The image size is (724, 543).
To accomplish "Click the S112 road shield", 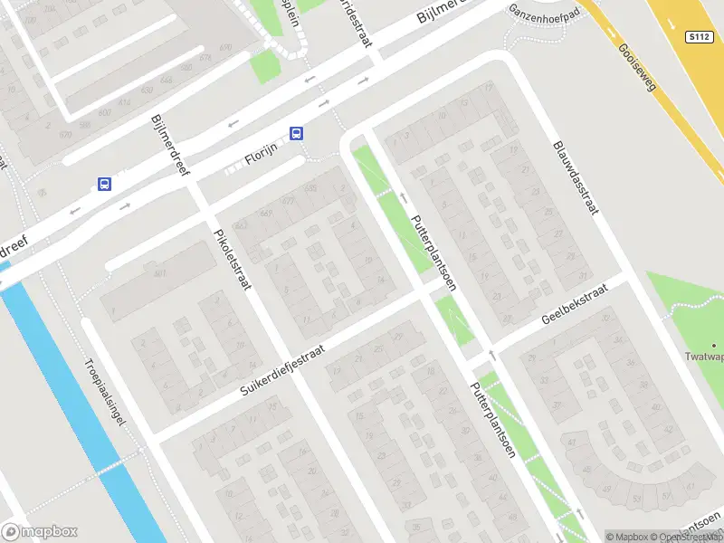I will click(697, 37).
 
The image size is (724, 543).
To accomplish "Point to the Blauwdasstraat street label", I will click(576, 178).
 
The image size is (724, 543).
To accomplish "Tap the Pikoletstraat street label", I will click(232, 258).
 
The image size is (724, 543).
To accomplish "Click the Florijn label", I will click(261, 160).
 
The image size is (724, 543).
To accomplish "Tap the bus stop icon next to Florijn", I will click(296, 133).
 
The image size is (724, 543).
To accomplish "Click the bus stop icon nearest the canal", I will click(104, 185).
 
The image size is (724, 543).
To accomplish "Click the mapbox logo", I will click(39, 532).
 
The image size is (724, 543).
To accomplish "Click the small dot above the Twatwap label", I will click(714, 345).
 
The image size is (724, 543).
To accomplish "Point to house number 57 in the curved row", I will click(667, 496).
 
